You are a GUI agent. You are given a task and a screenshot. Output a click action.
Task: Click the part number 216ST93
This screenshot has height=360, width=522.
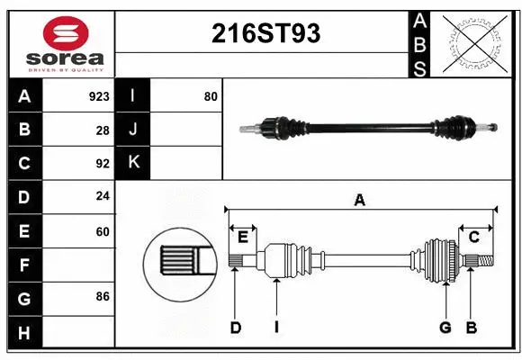point(265,33)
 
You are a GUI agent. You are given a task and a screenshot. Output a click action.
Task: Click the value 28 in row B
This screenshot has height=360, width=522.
point(103,130)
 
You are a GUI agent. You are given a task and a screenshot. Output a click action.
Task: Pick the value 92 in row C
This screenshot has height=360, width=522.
point(102,164)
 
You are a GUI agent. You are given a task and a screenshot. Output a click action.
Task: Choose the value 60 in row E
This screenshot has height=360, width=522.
point(102,232)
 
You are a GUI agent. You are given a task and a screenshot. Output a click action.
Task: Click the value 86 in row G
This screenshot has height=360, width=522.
point(102,295)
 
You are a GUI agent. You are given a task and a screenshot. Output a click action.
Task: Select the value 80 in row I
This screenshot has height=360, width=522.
point(211,95)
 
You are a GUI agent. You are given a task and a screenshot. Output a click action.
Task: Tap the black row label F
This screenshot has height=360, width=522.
point(24,265)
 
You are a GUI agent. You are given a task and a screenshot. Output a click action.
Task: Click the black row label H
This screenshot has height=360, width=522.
point(24,334)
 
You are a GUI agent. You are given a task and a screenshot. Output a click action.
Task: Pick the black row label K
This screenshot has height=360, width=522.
point(133,163)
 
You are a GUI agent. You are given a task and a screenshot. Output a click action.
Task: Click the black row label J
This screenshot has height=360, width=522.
point(133,130)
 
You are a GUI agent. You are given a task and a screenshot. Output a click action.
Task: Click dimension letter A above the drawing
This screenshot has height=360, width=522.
point(359,201)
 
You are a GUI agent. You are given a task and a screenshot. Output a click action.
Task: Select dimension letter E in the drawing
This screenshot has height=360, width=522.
point(242,237)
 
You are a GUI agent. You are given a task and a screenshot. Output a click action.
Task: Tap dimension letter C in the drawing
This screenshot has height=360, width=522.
point(473,237)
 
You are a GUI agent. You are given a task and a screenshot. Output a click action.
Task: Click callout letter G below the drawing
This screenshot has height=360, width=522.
point(445,328)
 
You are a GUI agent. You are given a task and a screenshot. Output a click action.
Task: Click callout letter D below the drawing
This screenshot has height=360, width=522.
point(236,328)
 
